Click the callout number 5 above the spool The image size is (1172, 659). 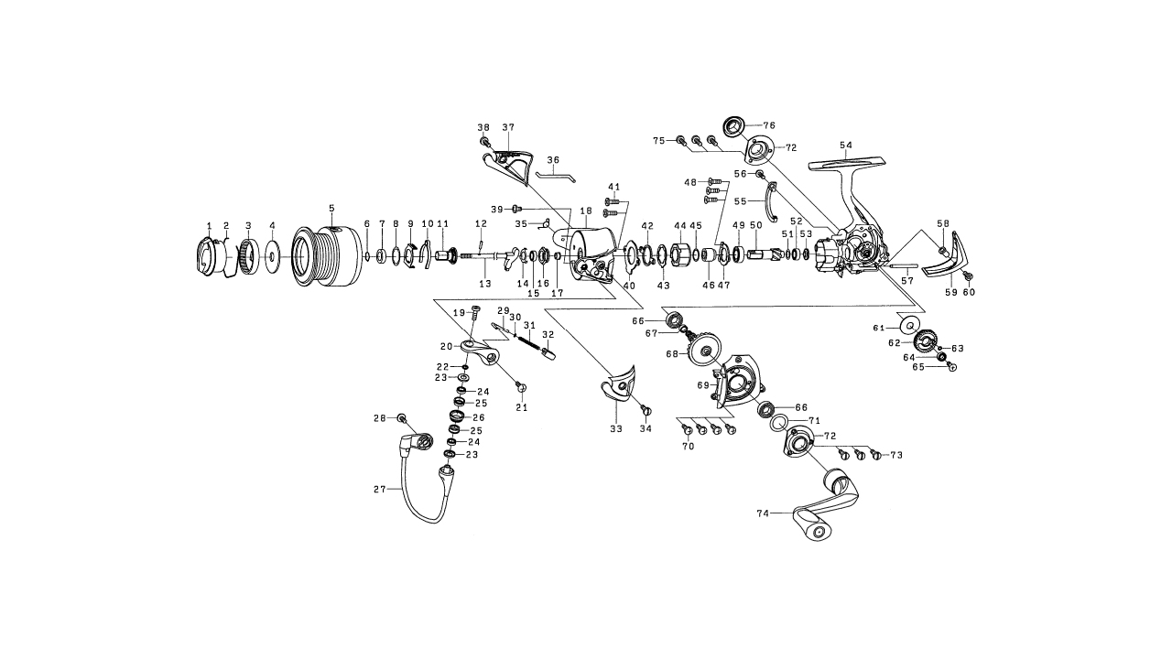tap(331, 209)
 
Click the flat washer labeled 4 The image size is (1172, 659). tap(272, 255)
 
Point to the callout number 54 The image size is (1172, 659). tap(845, 146)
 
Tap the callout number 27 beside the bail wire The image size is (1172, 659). tap(379, 490)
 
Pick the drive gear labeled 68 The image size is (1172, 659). tap(708, 348)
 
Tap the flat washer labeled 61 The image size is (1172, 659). tap(909, 325)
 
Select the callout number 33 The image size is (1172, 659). tap(615, 428)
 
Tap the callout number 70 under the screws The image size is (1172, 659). tap(688, 447)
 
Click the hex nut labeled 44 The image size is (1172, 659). tap(680, 253)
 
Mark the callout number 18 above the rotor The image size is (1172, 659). tap(586, 211)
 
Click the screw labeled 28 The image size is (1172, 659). tap(401, 418)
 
